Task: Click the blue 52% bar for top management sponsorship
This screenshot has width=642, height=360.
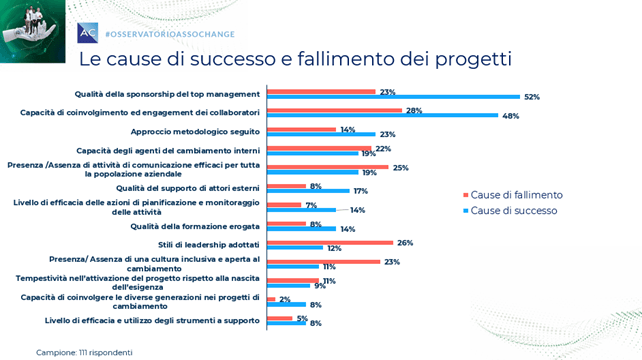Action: tap(393, 97)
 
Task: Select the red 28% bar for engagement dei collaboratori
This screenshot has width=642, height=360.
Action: tap(335, 111)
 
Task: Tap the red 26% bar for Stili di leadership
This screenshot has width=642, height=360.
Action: tap(330, 243)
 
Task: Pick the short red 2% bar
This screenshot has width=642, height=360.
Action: tap(271, 299)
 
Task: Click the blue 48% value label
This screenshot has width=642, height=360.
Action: tap(511, 116)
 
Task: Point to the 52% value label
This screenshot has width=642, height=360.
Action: tap(532, 97)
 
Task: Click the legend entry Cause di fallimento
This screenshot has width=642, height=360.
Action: tap(513, 195)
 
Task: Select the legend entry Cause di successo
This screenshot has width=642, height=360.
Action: tap(510, 211)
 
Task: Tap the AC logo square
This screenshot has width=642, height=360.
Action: tap(88, 33)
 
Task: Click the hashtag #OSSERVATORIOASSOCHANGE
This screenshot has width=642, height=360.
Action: tap(170, 34)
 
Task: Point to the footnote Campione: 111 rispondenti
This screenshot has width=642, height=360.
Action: tap(84, 353)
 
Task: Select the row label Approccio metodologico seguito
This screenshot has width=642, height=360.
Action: tap(195, 131)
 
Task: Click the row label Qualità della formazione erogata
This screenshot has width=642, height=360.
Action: tap(195, 226)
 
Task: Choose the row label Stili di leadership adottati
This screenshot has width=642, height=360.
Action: tap(209, 245)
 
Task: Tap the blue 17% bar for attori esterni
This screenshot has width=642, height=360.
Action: tap(308, 191)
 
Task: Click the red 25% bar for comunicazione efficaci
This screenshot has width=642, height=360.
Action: tap(328, 167)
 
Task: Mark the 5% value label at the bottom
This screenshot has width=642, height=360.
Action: tap(302, 318)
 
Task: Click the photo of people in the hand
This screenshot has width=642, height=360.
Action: tap(33, 32)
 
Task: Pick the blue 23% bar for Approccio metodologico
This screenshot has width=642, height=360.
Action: tap(321, 134)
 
